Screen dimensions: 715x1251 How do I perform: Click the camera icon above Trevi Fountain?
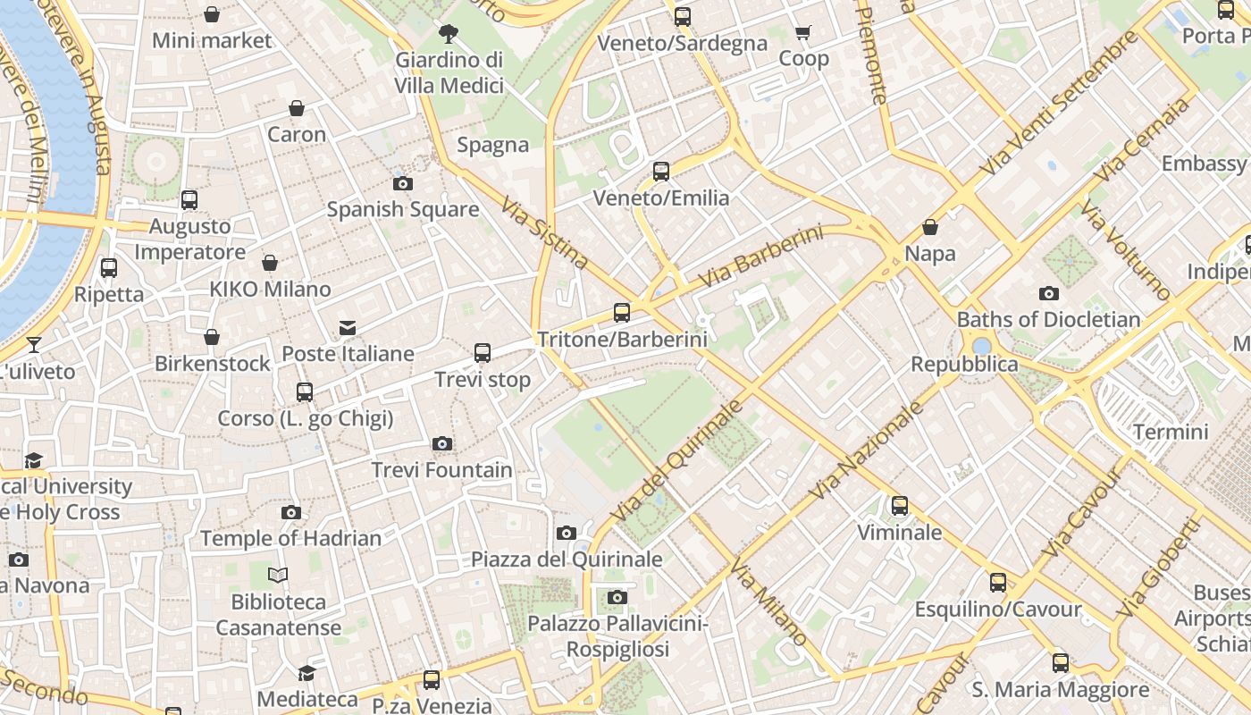click(x=441, y=444)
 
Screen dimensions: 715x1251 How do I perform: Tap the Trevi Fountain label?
click(x=441, y=470)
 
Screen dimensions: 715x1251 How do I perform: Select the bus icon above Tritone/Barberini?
click(x=622, y=313)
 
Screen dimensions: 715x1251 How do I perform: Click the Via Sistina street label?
click(x=544, y=233)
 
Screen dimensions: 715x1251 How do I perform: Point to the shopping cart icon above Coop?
click(x=803, y=33)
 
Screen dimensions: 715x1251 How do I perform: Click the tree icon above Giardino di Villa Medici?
click(x=449, y=34)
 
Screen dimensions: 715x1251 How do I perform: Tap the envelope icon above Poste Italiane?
click(x=348, y=328)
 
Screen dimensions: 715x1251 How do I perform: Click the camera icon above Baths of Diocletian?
click(x=1048, y=293)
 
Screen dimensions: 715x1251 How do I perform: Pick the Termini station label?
click(x=1171, y=433)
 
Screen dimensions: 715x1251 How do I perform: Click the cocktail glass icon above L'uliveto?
click(x=34, y=345)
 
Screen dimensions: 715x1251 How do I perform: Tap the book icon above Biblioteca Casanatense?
click(x=279, y=576)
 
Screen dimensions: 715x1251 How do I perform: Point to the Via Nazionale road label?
click(x=865, y=451)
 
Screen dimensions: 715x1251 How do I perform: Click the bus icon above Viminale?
click(x=900, y=506)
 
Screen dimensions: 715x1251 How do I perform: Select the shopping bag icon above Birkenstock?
click(x=212, y=337)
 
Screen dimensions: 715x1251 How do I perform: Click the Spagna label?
click(x=493, y=145)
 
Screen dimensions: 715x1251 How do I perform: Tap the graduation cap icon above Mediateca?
click(x=306, y=673)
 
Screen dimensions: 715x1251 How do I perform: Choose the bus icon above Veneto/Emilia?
click(x=661, y=172)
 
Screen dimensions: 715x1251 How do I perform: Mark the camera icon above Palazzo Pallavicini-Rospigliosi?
click(x=617, y=597)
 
